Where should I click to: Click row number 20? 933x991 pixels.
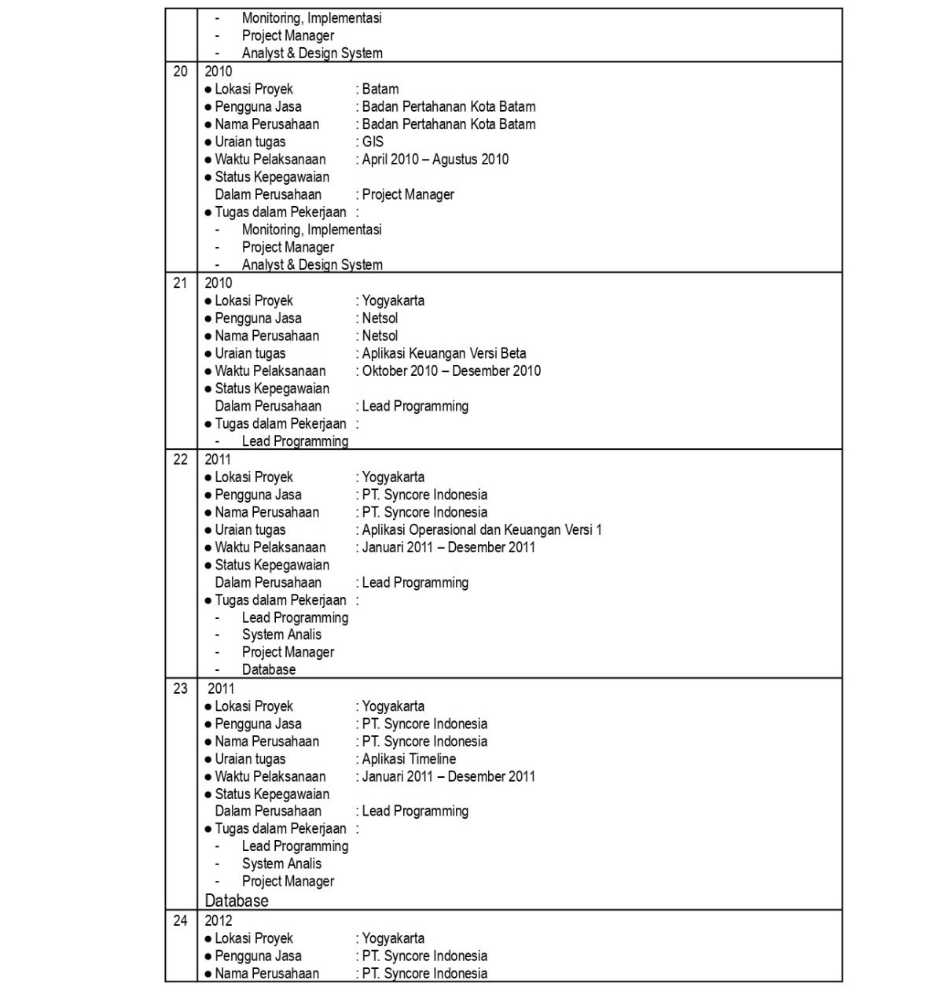tap(180, 72)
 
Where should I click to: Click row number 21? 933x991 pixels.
tap(180, 283)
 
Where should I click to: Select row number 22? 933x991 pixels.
tap(180, 459)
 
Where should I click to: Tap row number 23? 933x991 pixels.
tap(180, 688)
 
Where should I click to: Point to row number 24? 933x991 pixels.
tap(180, 920)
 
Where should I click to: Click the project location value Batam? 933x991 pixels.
tap(380, 89)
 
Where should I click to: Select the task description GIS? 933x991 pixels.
tap(373, 142)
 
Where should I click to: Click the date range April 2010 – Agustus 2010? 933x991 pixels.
tap(435, 160)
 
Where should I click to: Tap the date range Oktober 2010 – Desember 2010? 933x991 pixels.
tap(451, 371)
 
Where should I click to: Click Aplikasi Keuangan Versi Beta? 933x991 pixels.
tap(444, 353)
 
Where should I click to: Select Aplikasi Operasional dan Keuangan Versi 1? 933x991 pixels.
tap(482, 530)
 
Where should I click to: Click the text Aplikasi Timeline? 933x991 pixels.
tap(409, 759)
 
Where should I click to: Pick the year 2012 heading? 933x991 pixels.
tap(219, 920)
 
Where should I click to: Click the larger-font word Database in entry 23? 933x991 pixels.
tap(237, 901)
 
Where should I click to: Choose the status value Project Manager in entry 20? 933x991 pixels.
tap(408, 194)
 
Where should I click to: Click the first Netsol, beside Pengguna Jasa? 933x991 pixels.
tap(380, 319)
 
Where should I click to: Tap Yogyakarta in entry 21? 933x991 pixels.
tap(393, 300)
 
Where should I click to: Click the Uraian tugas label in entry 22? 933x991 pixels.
tap(250, 530)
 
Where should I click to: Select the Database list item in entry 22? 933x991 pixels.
tap(269, 670)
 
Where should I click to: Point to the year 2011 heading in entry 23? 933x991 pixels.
tap(221, 688)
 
